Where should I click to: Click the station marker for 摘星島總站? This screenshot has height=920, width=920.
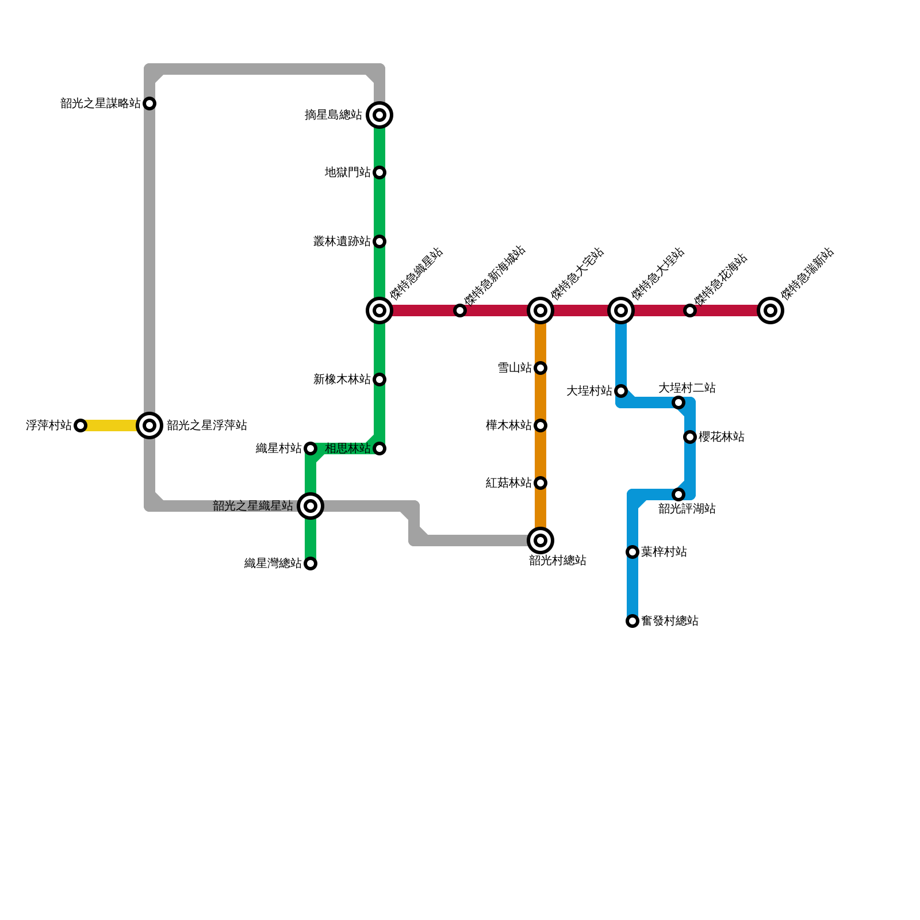[379, 115]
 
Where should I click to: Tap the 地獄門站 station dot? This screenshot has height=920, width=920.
[379, 172]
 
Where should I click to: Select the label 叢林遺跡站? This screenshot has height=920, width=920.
[342, 241]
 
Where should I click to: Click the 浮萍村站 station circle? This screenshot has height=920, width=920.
[80, 425]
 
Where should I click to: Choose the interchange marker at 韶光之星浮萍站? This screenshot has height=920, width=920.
[149, 425]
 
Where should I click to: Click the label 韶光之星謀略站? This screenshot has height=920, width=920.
[101, 103]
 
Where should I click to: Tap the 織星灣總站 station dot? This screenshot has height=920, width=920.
[310, 563]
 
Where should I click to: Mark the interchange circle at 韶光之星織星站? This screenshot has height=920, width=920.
[310, 506]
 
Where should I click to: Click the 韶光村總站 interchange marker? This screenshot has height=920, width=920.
[540, 540]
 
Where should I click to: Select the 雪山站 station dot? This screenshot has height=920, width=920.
[540, 368]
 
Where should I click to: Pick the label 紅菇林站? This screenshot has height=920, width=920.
[509, 483]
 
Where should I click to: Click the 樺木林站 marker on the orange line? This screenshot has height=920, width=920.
[540, 425]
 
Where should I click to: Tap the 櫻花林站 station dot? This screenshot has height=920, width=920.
[690, 437]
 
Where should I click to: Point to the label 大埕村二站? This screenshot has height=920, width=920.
[687, 388]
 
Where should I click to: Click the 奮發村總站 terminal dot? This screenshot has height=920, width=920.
[632, 621]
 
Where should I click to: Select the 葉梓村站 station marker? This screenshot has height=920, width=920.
[632, 552]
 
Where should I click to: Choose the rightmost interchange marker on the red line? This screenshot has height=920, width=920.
[770, 310]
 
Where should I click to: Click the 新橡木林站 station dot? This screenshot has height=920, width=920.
[379, 379]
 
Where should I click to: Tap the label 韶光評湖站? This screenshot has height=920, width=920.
[687, 509]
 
